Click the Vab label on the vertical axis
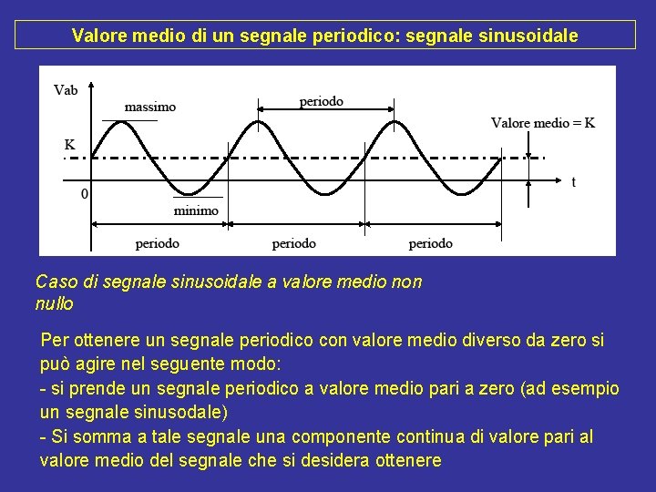(x=66, y=89)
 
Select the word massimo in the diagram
(x=149, y=107)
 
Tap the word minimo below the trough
(x=196, y=210)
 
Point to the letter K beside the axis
(x=69, y=145)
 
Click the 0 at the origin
(x=85, y=193)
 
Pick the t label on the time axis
(x=573, y=182)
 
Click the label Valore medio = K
(x=543, y=123)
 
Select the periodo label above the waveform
(x=322, y=101)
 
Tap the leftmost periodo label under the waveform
(x=158, y=243)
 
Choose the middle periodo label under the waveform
(x=294, y=243)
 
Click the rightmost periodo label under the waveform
(x=431, y=243)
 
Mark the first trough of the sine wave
(x=189, y=193)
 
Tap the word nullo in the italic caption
(x=54, y=303)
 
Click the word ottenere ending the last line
(x=407, y=460)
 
